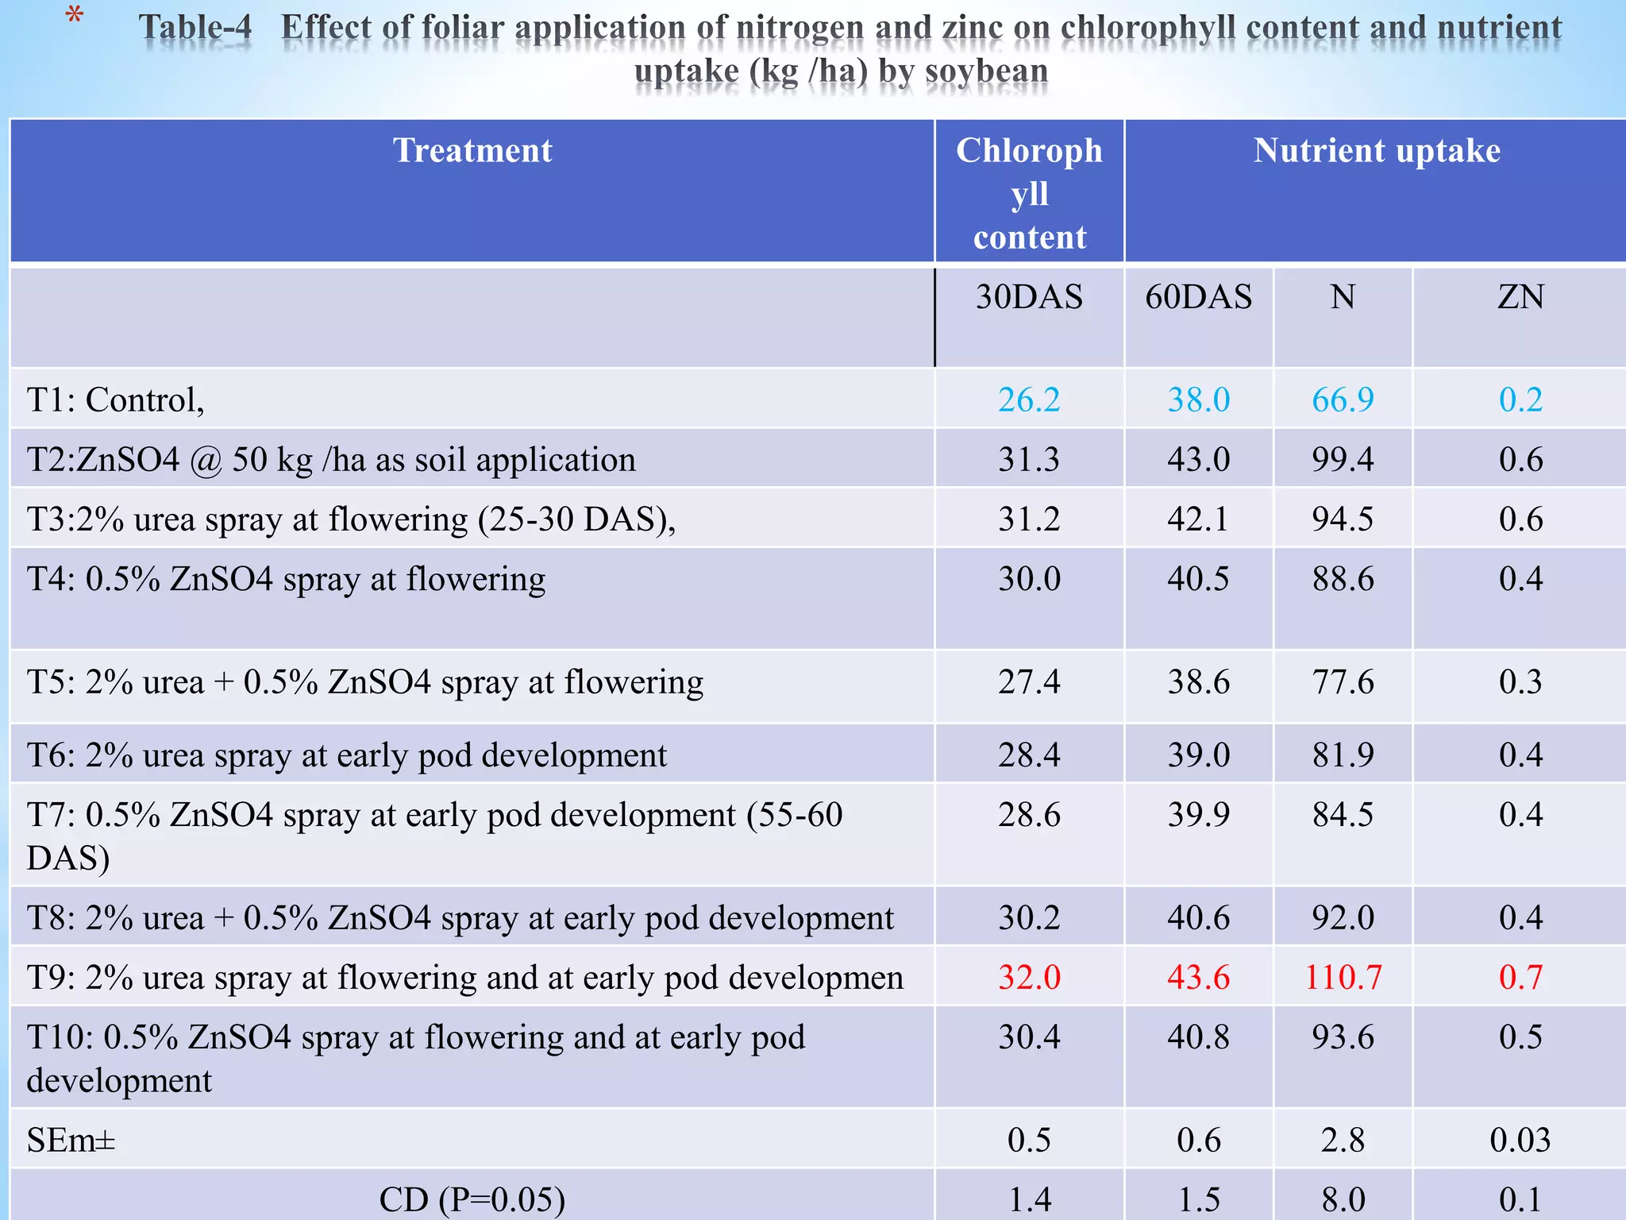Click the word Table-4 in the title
click(x=195, y=28)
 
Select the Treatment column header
click(x=472, y=151)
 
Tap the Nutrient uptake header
click(x=1377, y=151)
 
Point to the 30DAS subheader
click(x=1029, y=298)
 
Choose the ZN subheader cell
click(x=1520, y=298)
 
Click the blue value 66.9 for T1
click(x=1343, y=400)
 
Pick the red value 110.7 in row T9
click(x=1343, y=977)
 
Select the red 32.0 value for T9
click(x=1029, y=977)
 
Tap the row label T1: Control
click(x=116, y=400)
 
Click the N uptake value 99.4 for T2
click(x=1343, y=460)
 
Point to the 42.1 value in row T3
click(x=1198, y=519)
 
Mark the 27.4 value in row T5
click(x=1029, y=682)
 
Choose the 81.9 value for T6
click(x=1343, y=755)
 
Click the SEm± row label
click(x=71, y=1141)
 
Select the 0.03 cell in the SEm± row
click(x=1520, y=1141)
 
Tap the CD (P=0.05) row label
click(x=472, y=1199)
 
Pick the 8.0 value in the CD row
click(x=1343, y=1199)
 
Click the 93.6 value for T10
click(x=1343, y=1037)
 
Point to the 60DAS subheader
click(x=1198, y=298)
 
